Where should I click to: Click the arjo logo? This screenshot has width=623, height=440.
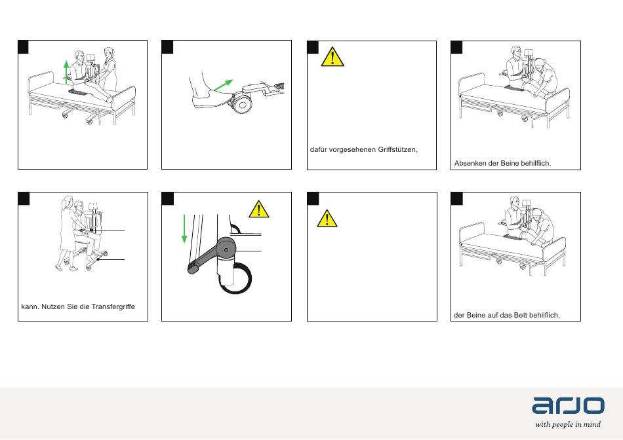click(568, 405)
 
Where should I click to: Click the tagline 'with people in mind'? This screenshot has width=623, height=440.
click(568, 424)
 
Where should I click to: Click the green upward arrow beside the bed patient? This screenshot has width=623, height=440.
click(66, 71)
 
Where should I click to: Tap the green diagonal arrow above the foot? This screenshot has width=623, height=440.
click(223, 85)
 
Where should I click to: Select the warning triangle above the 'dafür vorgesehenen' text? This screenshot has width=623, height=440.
click(332, 57)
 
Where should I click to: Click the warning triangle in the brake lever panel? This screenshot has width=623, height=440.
click(258, 210)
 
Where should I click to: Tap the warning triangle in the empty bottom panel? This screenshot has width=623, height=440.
click(327, 219)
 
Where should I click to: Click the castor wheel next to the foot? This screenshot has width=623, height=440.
click(242, 103)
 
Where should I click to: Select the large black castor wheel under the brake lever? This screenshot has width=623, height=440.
click(235, 279)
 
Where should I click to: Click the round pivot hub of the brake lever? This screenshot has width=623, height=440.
click(226, 249)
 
